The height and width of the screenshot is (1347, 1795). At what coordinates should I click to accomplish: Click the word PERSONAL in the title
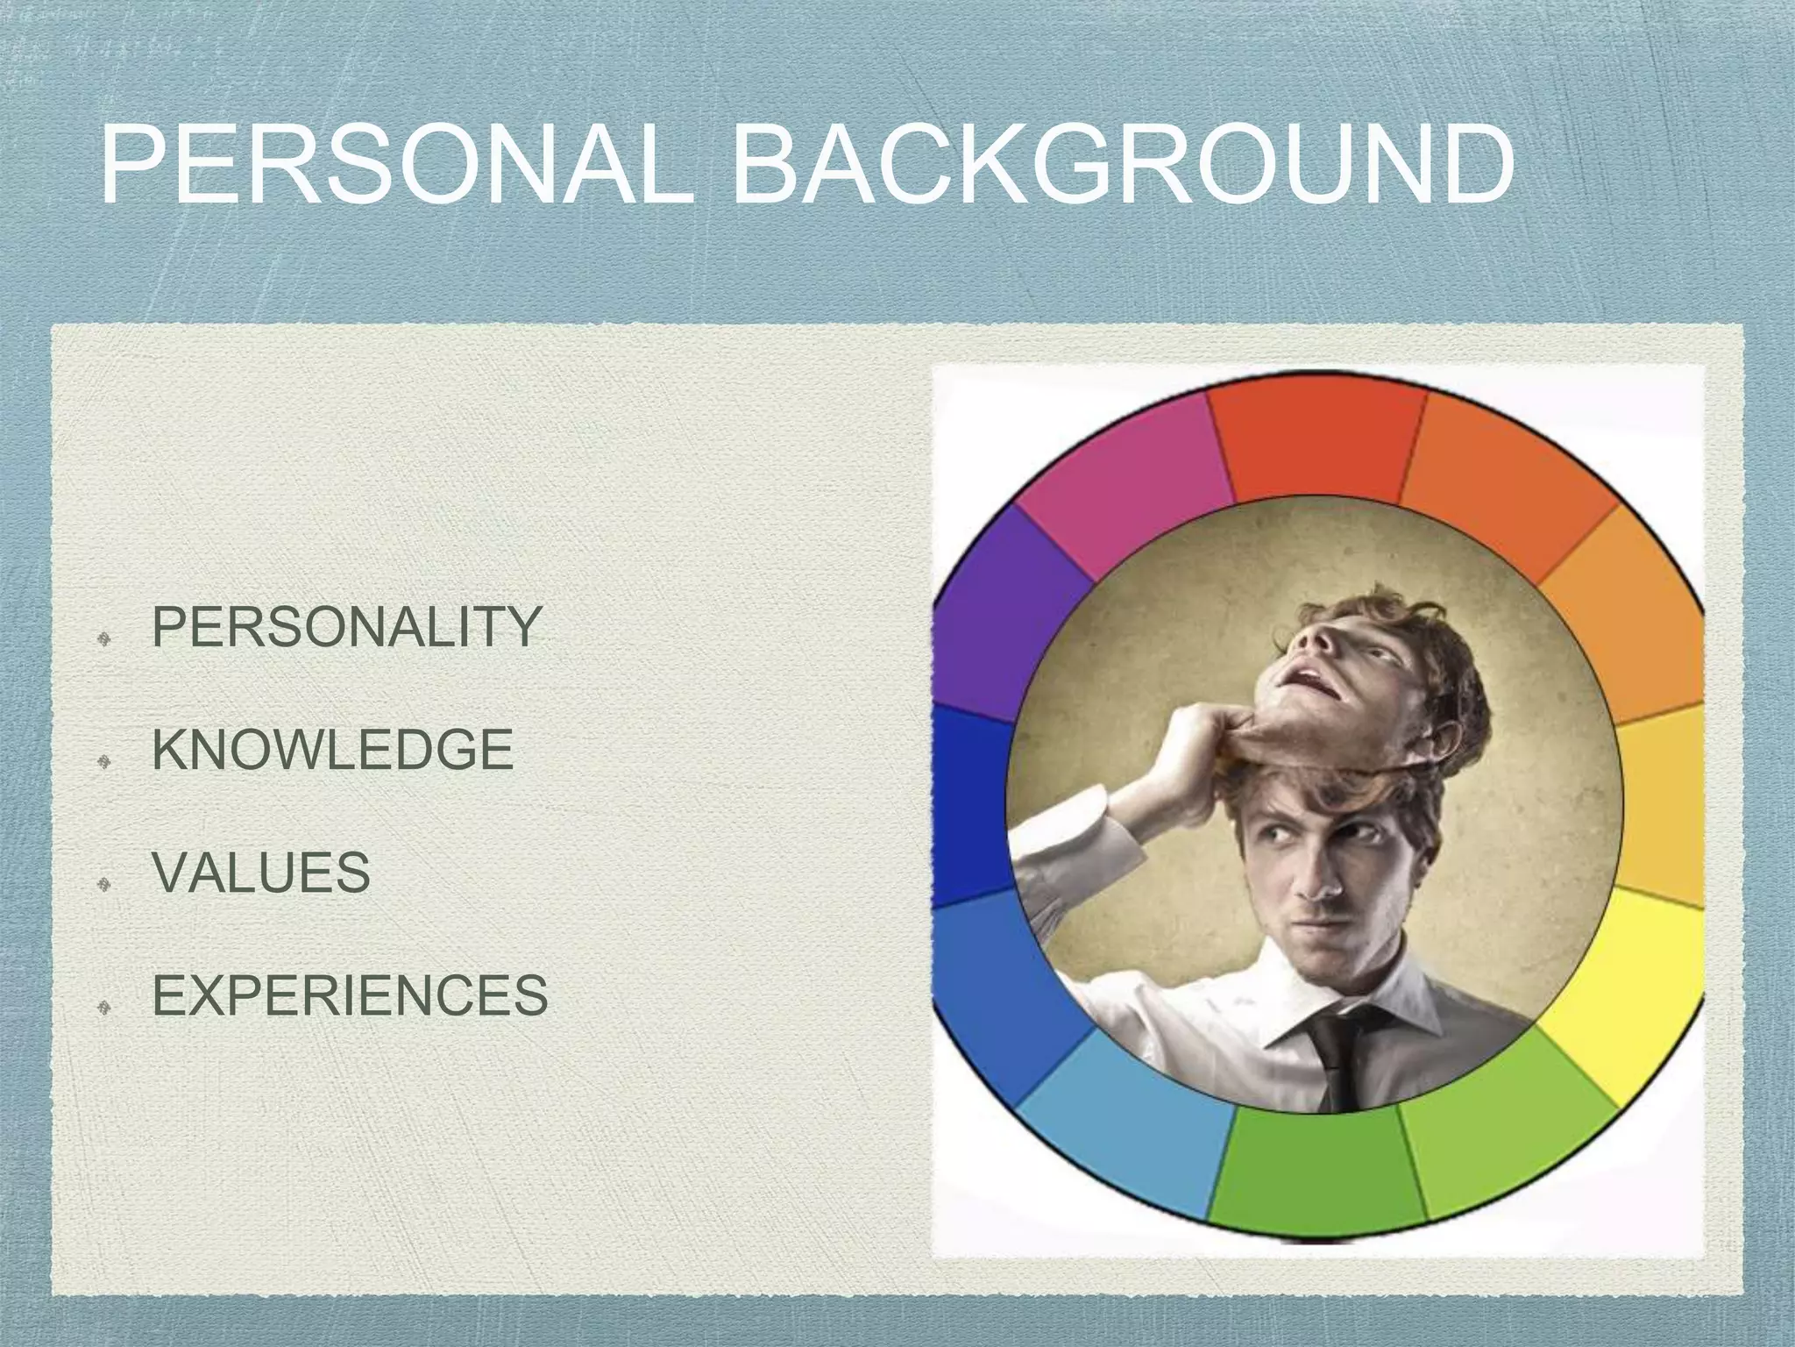tap(399, 167)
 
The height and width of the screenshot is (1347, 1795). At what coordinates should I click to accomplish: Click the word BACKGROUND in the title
tap(1122, 167)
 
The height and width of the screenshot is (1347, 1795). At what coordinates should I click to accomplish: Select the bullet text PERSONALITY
tap(346, 627)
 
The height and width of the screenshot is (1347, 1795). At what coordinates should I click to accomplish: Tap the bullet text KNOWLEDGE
tap(333, 750)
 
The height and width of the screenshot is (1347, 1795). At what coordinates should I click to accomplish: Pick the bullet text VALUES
tap(261, 873)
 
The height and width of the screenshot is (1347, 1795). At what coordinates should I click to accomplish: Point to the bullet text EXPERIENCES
tap(351, 995)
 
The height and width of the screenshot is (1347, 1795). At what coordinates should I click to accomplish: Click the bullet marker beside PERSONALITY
tap(103, 638)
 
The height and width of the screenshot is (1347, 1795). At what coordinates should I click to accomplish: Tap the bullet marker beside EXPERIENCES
tap(103, 1007)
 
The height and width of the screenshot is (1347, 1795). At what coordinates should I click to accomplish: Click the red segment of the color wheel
tap(1315, 443)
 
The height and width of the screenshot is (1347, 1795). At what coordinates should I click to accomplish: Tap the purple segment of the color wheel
tap(999, 614)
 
